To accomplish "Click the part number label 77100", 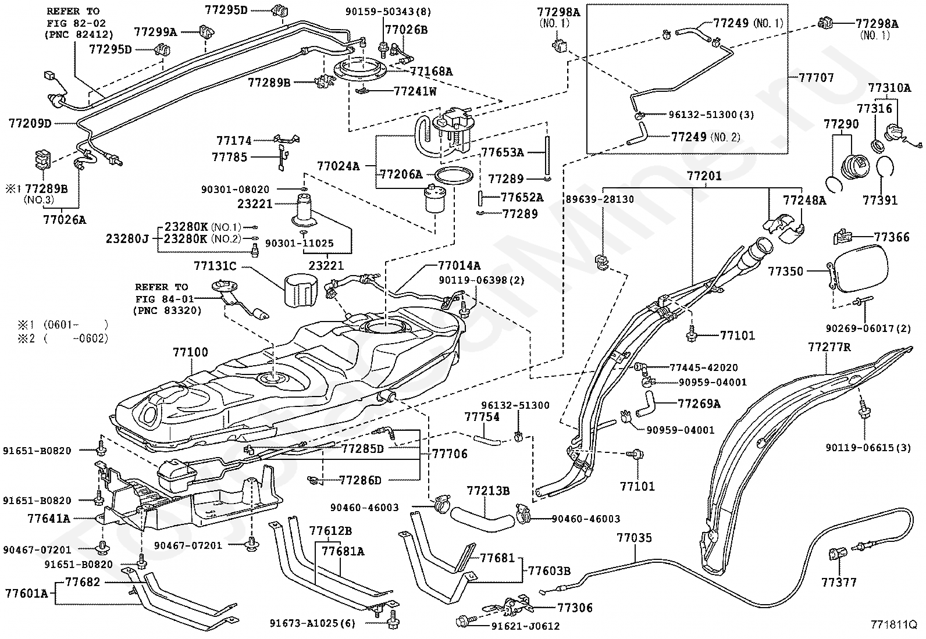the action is coord(190,352).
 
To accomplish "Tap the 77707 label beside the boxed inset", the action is coord(816,77).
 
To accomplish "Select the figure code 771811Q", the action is coord(894,624).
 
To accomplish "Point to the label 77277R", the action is coord(829,347).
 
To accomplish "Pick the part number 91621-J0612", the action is coord(525,626).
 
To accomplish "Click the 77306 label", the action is coord(575,608).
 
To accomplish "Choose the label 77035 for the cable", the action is coord(634,538).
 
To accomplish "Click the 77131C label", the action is coord(215,266).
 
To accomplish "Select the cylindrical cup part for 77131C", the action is coord(301,291).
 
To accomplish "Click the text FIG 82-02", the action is coord(76,23).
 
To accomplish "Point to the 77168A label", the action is coord(431,72).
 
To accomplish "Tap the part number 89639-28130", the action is coord(600,199).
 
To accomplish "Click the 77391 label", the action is coord(880,200).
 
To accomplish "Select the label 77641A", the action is coord(49,518).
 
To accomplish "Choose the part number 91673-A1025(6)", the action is coord(312,623).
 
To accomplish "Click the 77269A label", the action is coord(699,404).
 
